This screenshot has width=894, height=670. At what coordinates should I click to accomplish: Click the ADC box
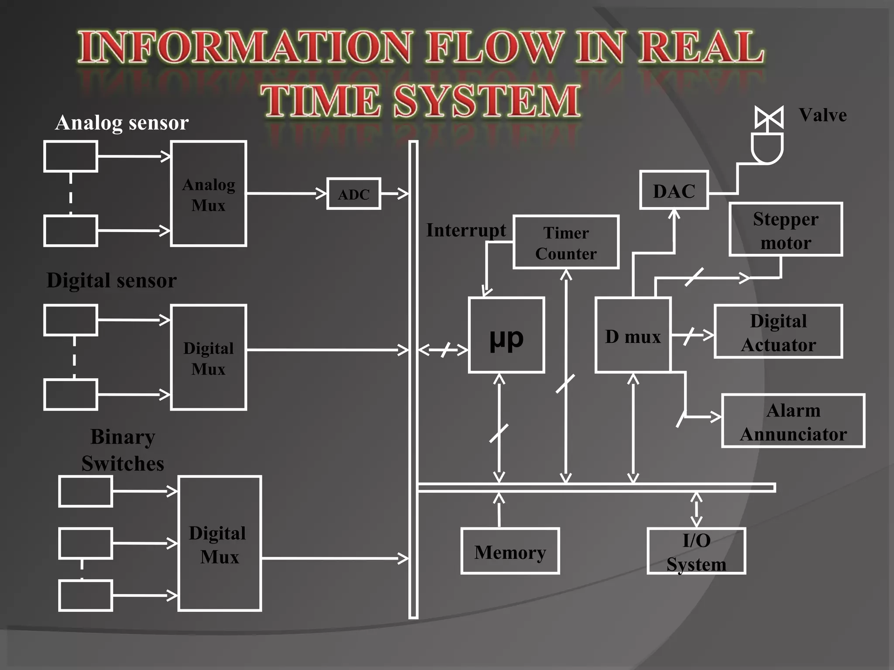pyautogui.click(x=354, y=194)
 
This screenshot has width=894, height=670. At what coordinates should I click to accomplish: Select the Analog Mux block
pyautogui.click(x=209, y=194)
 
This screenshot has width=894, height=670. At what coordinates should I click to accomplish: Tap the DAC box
pyautogui.click(x=674, y=191)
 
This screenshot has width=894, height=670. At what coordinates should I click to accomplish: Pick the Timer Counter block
pyautogui.click(x=566, y=243)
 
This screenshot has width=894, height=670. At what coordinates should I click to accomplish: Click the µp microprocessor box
pyautogui.click(x=506, y=335)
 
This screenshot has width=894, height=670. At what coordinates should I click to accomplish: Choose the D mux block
pyautogui.click(x=633, y=335)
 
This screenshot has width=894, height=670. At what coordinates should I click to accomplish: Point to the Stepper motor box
pyautogui.click(x=786, y=229)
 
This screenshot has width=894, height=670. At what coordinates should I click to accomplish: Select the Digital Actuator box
pyautogui.click(x=778, y=332)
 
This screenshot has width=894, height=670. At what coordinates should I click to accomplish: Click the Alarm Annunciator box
pyautogui.click(x=793, y=421)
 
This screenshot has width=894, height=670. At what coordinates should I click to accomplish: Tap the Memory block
pyautogui.click(x=510, y=551)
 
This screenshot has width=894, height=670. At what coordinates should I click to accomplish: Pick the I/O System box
pyautogui.click(x=696, y=551)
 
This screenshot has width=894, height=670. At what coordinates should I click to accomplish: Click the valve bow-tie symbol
pyautogui.click(x=769, y=117)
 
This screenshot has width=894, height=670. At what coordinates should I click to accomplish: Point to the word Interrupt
pyautogui.click(x=466, y=230)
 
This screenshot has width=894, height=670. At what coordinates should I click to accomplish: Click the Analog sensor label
pyautogui.click(x=122, y=123)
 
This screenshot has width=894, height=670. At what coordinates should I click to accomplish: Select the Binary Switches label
pyautogui.click(x=123, y=450)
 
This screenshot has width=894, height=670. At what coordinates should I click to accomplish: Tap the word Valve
pyautogui.click(x=823, y=115)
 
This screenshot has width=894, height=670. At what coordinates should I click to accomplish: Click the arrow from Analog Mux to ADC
pyautogui.click(x=286, y=193)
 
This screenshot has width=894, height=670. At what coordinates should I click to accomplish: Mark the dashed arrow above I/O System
pyautogui.click(x=696, y=509)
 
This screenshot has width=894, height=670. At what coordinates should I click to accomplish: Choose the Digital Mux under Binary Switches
pyautogui.click(x=220, y=544)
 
